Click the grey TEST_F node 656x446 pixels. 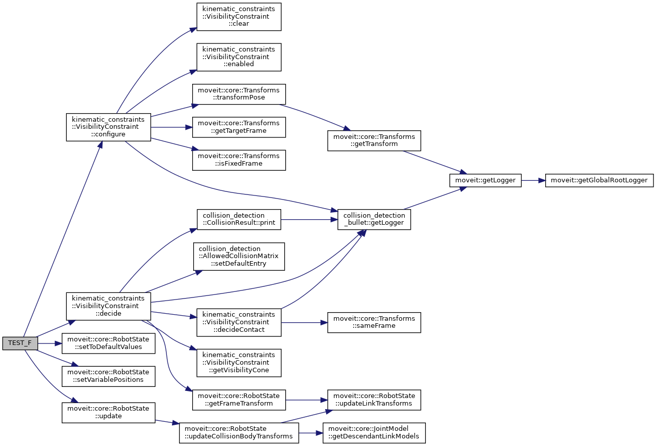tap(20, 343)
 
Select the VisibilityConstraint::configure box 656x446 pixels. tap(108, 127)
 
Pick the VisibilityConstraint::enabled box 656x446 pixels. tap(239, 57)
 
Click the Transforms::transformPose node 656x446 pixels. tap(239, 94)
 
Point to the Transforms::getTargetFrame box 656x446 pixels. tap(239, 127)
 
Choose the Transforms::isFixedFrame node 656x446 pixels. tap(239, 160)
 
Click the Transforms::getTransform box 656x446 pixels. tap(374, 140)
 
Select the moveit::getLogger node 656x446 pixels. tap(486, 180)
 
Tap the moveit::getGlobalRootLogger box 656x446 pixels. tap(599, 180)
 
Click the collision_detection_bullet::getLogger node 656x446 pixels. tap(374, 219)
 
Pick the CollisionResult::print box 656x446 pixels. tap(239, 219)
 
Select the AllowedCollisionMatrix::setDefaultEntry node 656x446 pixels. tap(239, 256)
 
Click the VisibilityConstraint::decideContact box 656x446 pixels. tap(239, 322)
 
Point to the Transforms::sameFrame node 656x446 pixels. tap(374, 322)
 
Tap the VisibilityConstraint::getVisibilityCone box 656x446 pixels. tap(239, 362)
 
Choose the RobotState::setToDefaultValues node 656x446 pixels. tap(108, 343)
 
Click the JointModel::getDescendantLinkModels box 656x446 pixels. tap(374, 433)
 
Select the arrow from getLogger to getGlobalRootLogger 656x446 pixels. tap(533, 180)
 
